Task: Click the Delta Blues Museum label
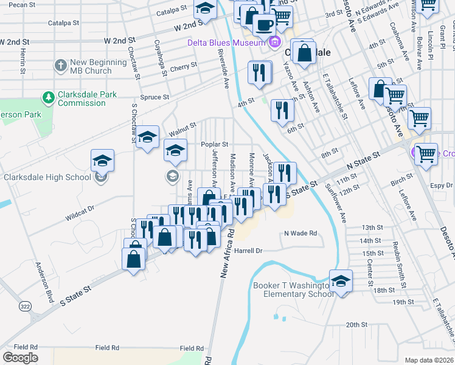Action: pos(224,42)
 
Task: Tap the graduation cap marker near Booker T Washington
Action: pos(341,282)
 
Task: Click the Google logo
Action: pos(20,358)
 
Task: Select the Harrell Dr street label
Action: pos(248,251)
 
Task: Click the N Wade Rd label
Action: pos(300,233)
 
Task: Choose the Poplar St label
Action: pos(215,145)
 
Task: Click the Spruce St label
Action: pos(155,97)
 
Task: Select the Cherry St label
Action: pos(184,69)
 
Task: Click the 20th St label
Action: pos(354,325)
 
